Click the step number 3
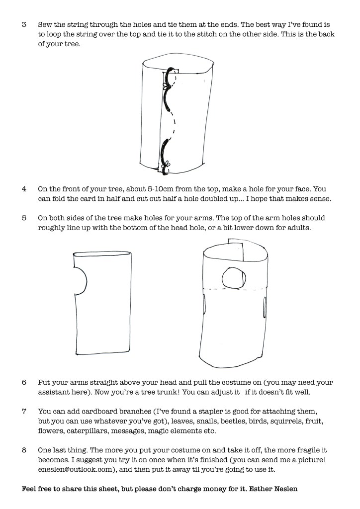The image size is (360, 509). tap(24, 24)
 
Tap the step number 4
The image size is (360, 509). tap(24, 189)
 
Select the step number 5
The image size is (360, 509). tap(24, 218)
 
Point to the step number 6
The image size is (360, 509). tap(24, 383)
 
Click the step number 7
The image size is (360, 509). tap(24, 412)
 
